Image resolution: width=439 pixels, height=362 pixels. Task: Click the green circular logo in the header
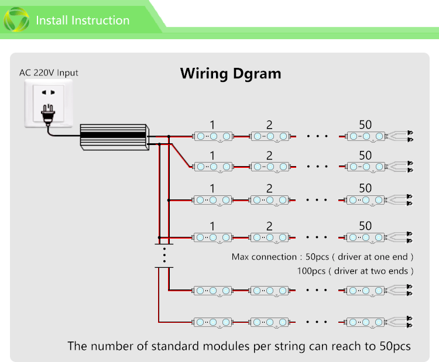(x=16, y=20)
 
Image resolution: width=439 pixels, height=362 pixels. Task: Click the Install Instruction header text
(x=83, y=20)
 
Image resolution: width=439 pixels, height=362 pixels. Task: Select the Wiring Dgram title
(x=230, y=74)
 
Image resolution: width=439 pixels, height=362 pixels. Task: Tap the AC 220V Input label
(x=49, y=73)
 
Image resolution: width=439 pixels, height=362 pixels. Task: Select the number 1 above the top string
(x=212, y=125)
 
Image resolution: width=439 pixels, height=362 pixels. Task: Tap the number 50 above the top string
(x=365, y=124)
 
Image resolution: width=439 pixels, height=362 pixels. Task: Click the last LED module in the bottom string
(x=366, y=322)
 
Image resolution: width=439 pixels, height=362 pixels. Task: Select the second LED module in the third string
(x=270, y=200)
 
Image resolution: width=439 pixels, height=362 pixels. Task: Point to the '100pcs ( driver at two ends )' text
(x=355, y=271)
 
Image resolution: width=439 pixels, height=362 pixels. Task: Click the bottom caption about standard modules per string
(x=239, y=346)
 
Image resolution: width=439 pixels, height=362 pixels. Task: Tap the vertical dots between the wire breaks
(x=164, y=256)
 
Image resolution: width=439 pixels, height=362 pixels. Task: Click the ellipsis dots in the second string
(x=317, y=167)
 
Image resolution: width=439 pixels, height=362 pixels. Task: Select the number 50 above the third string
(x=365, y=188)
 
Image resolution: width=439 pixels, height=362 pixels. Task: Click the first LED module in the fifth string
(x=213, y=290)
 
